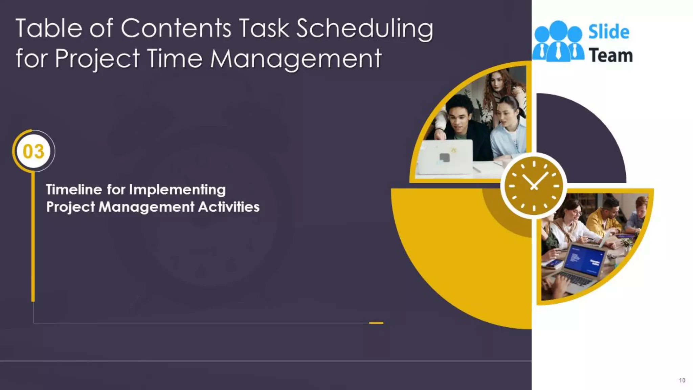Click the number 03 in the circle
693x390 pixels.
33,151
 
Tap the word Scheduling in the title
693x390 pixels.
364,29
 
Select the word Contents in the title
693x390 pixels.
176,28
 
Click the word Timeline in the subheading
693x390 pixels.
74,190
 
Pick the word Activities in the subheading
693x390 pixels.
229,207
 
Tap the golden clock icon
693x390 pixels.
534,186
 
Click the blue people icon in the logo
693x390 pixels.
558,41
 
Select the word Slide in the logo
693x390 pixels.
609,32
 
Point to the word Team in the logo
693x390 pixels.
611,56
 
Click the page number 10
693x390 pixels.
682,380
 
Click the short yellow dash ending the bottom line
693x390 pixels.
376,323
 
